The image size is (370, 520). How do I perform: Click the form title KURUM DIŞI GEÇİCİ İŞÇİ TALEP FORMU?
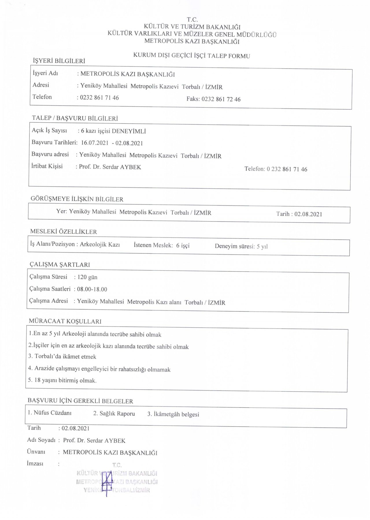[x=191, y=56]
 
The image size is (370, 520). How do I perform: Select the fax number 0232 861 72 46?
[x=221, y=99]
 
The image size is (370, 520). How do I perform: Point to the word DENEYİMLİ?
[x=129, y=131]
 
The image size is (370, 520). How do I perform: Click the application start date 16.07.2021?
[x=95, y=143]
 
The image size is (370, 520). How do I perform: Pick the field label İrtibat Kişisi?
[x=47, y=166]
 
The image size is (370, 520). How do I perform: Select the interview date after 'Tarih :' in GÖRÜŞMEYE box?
[x=308, y=214]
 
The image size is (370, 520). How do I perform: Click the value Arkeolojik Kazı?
[x=100, y=244]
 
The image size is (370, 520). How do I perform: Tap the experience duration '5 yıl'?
[x=262, y=246]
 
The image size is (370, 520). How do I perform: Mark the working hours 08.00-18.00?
[x=94, y=289]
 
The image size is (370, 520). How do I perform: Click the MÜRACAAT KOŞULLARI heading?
[x=65, y=321]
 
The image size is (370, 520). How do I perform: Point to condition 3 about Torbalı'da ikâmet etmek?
[x=62, y=357]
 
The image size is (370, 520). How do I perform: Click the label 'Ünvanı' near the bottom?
[x=36, y=451]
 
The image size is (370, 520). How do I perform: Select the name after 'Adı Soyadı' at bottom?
[x=94, y=440]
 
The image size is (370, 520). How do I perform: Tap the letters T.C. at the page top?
[x=192, y=20]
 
